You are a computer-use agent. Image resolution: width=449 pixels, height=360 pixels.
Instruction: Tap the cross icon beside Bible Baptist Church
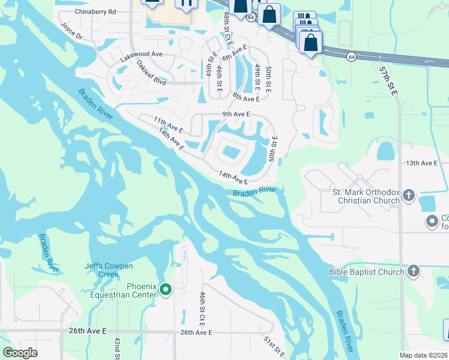pyautogui.click(x=413, y=272)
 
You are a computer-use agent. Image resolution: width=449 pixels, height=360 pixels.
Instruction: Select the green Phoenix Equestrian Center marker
pyautogui.click(x=166, y=290)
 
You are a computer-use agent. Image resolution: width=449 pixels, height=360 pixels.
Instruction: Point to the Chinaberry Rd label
pyautogui.click(x=95, y=11)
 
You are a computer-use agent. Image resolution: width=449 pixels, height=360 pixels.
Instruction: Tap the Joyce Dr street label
pyautogui.click(x=71, y=31)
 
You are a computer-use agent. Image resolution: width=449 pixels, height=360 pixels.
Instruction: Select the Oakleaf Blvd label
pyautogui.click(x=151, y=71)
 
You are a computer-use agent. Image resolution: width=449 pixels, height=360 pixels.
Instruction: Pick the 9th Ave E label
pyautogui.click(x=235, y=114)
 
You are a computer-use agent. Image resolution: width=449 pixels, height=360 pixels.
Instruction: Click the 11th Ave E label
pyautogui.click(x=168, y=125)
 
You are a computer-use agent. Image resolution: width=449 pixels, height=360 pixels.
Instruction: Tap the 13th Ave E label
pyautogui.click(x=422, y=163)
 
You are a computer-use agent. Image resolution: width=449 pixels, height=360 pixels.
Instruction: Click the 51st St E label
pyautogui.click(x=274, y=347)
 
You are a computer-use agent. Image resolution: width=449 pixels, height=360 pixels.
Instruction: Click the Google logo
pyautogui.click(x=20, y=353)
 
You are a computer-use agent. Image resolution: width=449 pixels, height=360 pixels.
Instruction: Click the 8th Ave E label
pyautogui.click(x=246, y=98)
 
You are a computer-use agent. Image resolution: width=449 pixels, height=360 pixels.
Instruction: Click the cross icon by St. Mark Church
pyautogui.click(x=408, y=195)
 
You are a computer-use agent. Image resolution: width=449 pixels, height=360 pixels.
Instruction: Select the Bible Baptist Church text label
pyautogui.click(x=367, y=272)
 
